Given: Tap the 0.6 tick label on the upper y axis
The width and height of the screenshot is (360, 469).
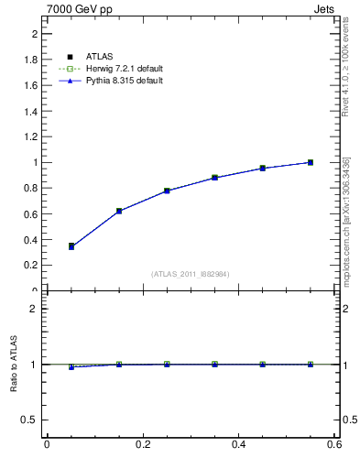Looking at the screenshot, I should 29,213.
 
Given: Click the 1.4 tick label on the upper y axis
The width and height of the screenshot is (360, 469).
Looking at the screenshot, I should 29,111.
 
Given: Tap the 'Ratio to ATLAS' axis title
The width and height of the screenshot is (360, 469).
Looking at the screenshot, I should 14,364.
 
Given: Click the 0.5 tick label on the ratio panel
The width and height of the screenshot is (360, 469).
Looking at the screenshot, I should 29,420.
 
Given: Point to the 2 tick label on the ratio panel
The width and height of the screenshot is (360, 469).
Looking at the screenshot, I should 34,309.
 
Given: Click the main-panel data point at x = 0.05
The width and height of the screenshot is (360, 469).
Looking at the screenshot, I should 71,246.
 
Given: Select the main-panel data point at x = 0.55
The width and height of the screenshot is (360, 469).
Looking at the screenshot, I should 311,162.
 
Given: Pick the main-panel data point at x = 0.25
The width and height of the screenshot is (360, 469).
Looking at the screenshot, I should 167,191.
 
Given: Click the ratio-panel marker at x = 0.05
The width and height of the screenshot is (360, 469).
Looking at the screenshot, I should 71,366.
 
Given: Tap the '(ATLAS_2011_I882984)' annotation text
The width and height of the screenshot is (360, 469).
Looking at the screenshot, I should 191,274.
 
